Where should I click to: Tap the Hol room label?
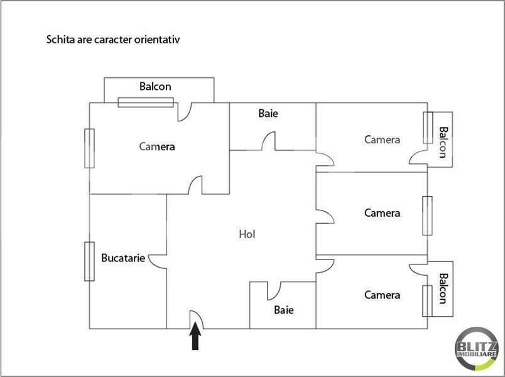(247, 234)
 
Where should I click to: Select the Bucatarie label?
(123, 258)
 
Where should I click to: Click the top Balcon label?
(155, 87)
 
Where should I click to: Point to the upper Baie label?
(268, 114)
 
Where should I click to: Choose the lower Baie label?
(284, 310)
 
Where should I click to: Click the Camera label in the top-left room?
(157, 146)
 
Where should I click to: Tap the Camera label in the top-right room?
(382, 139)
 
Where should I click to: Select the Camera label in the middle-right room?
(382, 213)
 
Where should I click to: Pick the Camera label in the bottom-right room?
(382, 295)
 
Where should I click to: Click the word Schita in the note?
(60, 40)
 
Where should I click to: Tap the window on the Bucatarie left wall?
(90, 261)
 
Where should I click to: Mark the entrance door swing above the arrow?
(195, 319)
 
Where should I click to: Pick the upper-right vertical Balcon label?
(443, 143)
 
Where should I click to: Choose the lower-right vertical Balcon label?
(443, 288)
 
